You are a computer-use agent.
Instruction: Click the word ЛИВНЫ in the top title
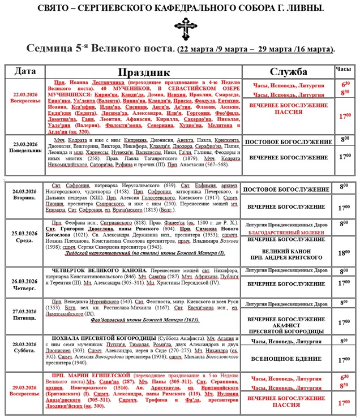304,8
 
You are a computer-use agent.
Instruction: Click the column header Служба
288,72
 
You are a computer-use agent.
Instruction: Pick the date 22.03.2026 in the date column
28,93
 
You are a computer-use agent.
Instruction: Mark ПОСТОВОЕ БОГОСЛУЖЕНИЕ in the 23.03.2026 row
288,141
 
